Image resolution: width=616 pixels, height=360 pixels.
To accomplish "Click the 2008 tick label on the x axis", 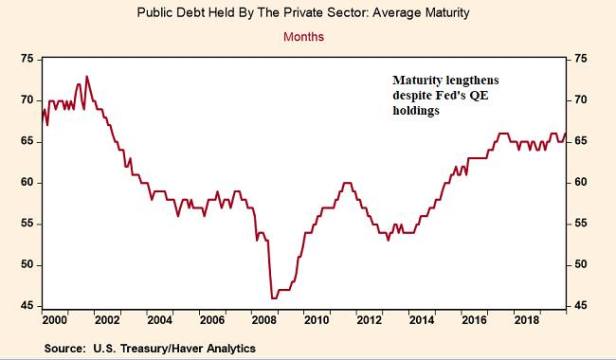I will pos(264,320).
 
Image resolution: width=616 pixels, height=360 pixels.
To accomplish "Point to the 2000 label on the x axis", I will pos(55,320).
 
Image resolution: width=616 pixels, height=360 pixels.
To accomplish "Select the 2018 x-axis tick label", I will pos(526,320).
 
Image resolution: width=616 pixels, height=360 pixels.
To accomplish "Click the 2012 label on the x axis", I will pos(369,320).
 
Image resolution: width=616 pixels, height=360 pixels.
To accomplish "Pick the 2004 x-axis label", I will pos(159,320).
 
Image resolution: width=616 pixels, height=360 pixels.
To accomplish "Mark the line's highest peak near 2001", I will pos(86,77).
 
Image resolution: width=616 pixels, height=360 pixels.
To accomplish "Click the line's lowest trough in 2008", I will pos(273,297).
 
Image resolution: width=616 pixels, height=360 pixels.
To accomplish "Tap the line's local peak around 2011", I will pos(346,183).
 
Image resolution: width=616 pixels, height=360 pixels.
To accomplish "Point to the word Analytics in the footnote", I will pos(226,348).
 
